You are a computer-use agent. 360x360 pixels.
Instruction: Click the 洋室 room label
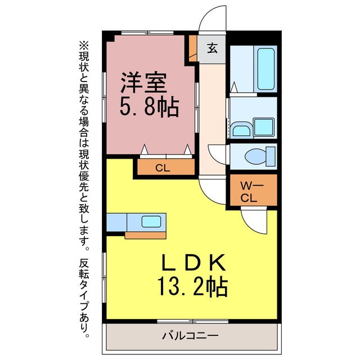point(144,83)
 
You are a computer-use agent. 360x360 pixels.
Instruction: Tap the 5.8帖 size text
point(150,107)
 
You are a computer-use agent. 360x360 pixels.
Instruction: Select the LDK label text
point(193,262)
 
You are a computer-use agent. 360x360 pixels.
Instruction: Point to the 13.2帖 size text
point(192,287)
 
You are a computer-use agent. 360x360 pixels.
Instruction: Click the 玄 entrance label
point(213,48)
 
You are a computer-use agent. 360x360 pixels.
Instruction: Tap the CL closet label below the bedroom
point(163,168)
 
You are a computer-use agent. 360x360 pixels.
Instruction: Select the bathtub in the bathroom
point(266,69)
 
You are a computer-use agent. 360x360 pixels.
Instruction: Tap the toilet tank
point(271,156)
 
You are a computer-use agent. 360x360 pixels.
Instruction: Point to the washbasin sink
point(241,130)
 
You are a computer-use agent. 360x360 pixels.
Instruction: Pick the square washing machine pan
point(264,127)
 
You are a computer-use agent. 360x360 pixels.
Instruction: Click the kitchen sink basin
point(151,222)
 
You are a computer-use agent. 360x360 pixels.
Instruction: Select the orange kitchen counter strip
point(145,235)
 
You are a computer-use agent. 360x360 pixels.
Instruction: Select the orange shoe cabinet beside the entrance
point(193,48)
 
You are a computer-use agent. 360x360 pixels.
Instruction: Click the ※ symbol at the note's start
point(84,46)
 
